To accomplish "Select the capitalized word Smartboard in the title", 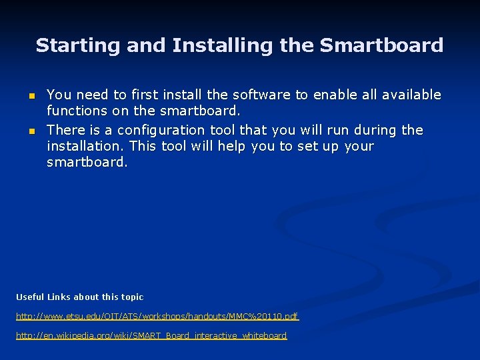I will (381, 45).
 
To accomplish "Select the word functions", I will (75, 111).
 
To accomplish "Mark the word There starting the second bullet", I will (65, 129).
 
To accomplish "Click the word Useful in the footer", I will (30, 297).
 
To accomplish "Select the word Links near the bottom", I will (59, 297).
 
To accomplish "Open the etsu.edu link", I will (157, 316).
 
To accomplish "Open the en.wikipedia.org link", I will (151, 335).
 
